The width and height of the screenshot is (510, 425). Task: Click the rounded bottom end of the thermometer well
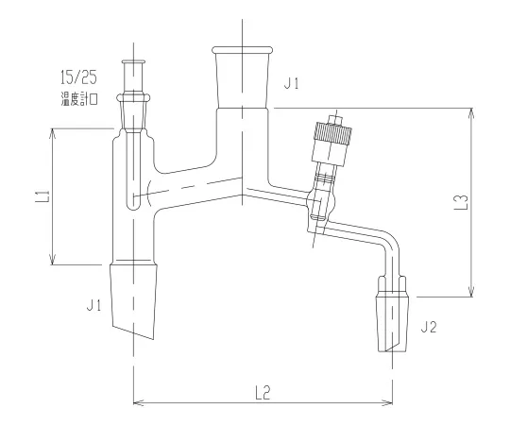133,199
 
